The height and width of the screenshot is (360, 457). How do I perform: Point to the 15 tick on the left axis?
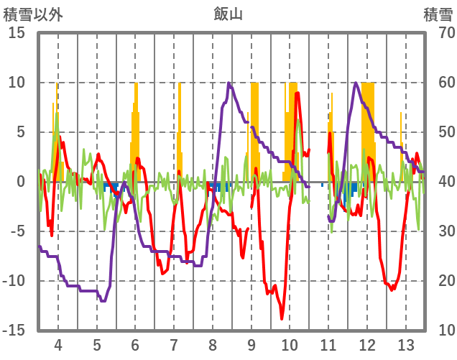coord(17,33)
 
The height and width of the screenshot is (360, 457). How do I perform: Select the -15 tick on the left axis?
coord(14,330)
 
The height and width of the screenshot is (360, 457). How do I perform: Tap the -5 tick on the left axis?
coord(17,231)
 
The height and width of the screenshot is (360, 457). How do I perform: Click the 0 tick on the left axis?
coord(22,182)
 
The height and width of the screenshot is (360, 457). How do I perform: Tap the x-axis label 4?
coord(58,343)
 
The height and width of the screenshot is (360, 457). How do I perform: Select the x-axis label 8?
coord(213,343)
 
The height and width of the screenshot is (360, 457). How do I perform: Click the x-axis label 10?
coord(290,343)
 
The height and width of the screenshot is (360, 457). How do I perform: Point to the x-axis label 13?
coord(406,343)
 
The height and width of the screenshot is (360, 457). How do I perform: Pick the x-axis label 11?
coord(328,343)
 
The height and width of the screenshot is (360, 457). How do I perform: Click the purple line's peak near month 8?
coord(229,83)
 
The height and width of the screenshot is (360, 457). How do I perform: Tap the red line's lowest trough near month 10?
coord(282,318)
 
